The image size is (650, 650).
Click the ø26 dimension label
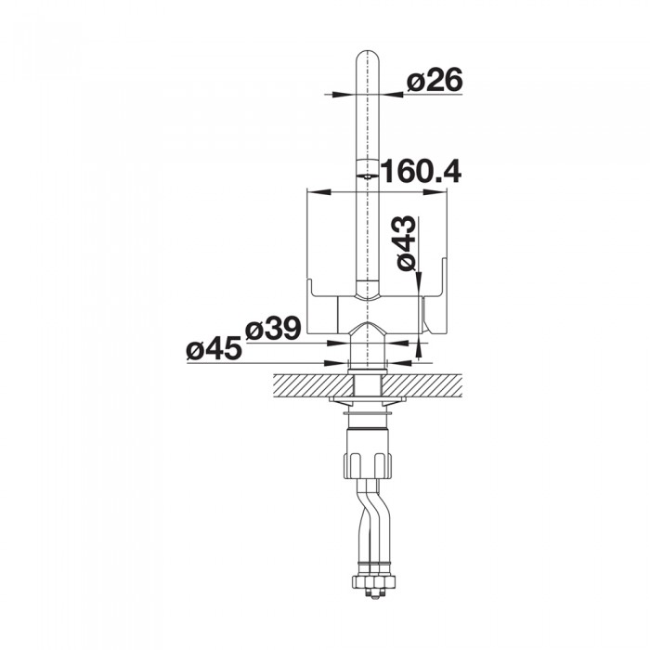(x=434, y=80)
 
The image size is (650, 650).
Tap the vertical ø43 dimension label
(x=406, y=243)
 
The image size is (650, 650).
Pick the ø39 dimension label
(x=273, y=328)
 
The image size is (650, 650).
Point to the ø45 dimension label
(x=214, y=348)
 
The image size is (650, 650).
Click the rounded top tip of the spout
(x=368, y=51)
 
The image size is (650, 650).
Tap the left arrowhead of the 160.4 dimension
(x=320, y=192)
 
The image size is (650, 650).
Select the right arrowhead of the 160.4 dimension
(x=435, y=192)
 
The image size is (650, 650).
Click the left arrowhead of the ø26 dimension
(x=344, y=95)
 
